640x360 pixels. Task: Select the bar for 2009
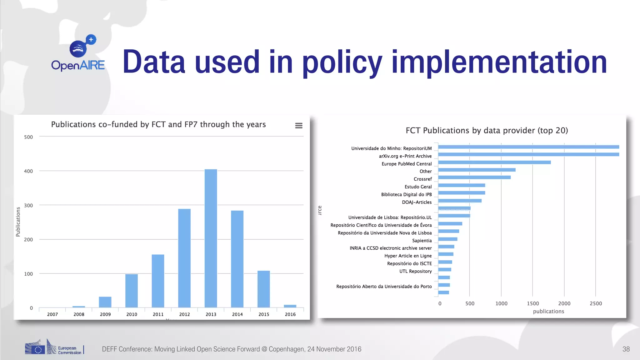click(x=105, y=302)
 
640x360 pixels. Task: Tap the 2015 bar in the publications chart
click(x=263, y=289)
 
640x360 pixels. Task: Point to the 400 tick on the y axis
click(x=28, y=171)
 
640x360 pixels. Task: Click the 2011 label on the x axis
click(x=158, y=314)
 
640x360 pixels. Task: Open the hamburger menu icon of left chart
click(x=299, y=126)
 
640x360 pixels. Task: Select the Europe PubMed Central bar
click(x=494, y=162)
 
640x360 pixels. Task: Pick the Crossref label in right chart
click(x=422, y=179)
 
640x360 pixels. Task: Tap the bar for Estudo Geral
click(x=462, y=185)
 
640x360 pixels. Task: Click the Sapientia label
click(x=422, y=241)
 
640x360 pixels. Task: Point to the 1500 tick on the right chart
click(x=533, y=303)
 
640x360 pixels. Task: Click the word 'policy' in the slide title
click(x=342, y=62)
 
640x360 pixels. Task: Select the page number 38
click(x=626, y=349)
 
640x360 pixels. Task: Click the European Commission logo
click(x=54, y=347)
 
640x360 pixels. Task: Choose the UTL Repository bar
click(x=445, y=270)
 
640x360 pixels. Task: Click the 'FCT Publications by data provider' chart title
click(x=487, y=131)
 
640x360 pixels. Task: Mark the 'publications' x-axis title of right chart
click(x=548, y=311)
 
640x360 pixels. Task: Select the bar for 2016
click(x=290, y=306)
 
